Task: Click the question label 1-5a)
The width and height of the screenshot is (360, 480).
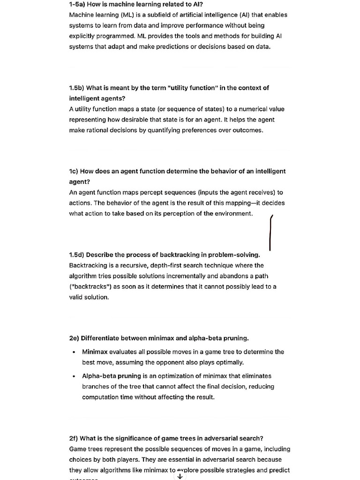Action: [77, 4]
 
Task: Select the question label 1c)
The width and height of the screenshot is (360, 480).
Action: [74, 172]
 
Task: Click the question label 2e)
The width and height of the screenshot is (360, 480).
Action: [74, 338]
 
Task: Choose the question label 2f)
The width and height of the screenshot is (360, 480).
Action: [74, 439]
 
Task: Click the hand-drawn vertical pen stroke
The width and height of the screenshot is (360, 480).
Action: [270, 233]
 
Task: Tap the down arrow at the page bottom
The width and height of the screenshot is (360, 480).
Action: [180, 476]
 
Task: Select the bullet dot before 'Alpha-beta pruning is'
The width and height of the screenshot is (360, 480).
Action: [74, 376]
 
